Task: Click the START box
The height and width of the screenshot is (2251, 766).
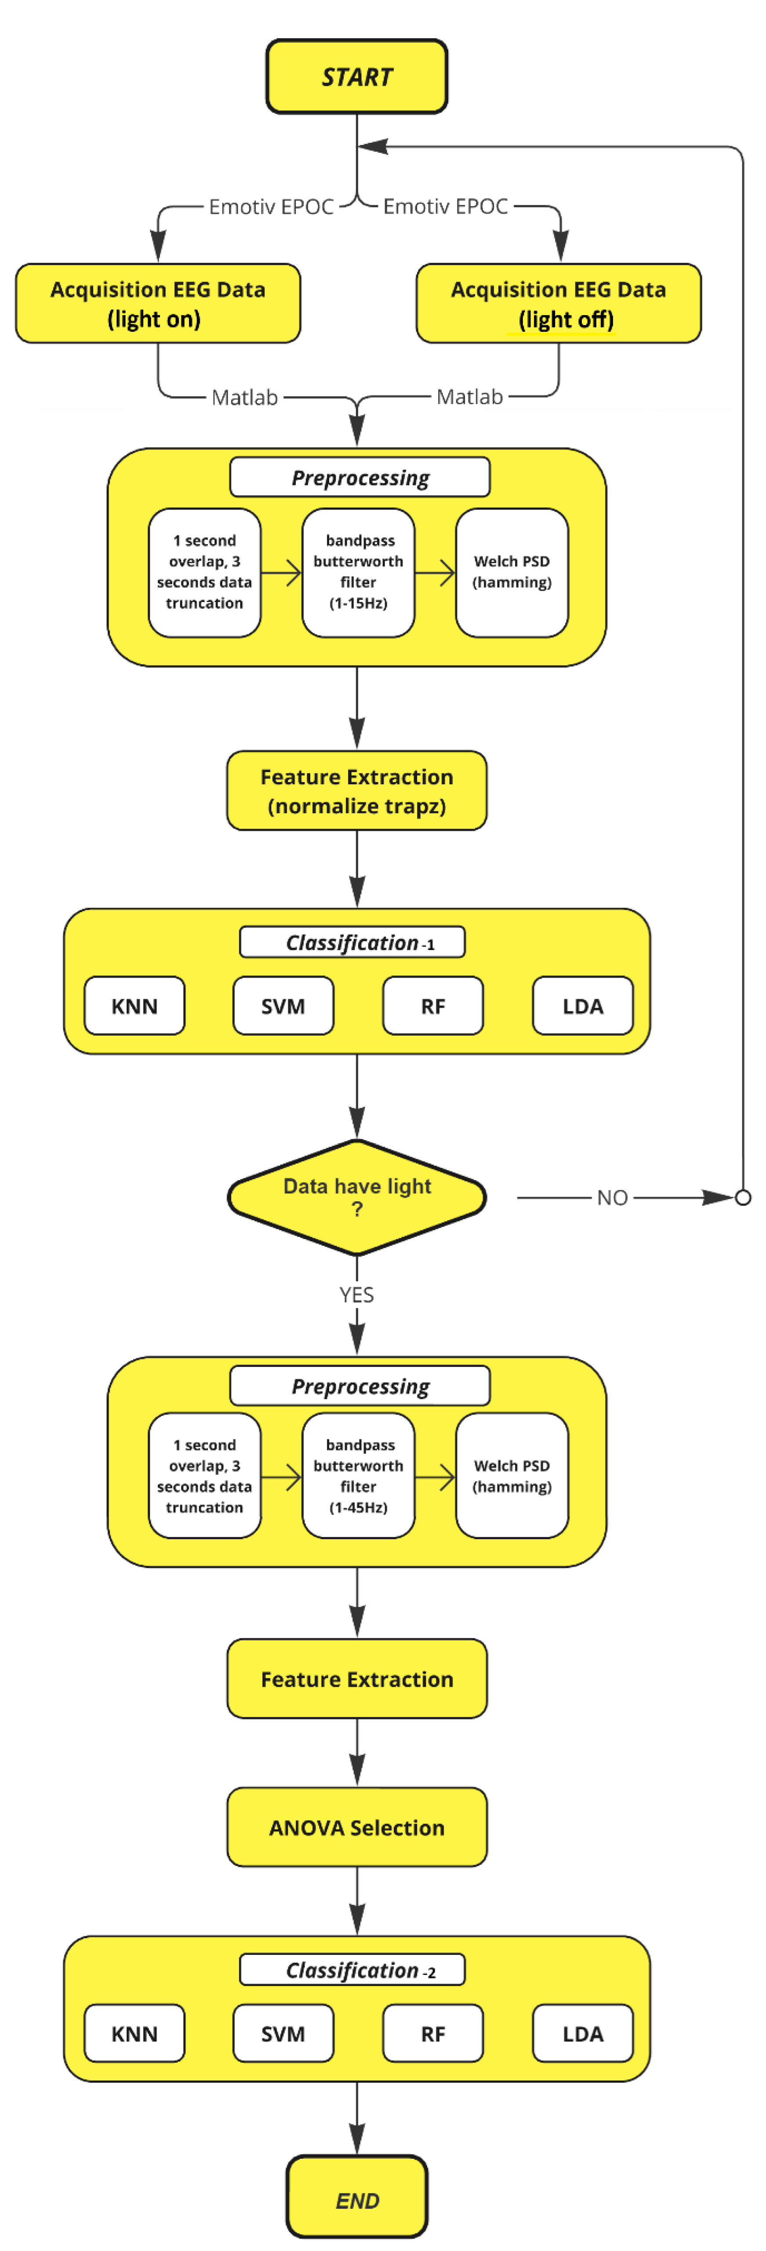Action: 357,77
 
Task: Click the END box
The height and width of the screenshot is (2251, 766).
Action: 357,2200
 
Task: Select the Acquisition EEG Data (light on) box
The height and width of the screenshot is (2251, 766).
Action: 157,303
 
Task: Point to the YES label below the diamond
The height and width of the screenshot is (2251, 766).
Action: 357,1294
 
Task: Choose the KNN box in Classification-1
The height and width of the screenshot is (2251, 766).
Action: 134,1006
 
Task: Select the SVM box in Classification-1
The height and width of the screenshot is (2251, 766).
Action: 283,1006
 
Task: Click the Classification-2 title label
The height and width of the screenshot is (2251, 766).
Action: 352,1970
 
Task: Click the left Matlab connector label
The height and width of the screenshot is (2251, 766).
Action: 245,398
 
